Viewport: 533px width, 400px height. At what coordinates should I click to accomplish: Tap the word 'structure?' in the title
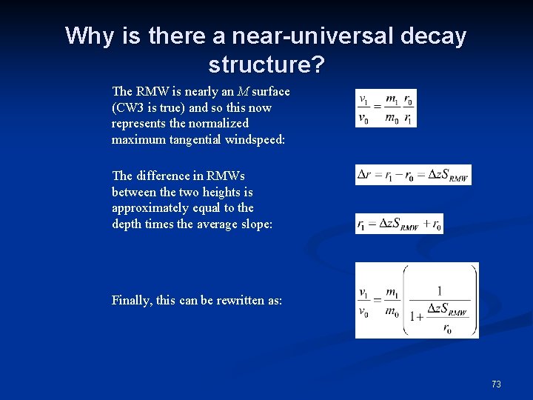pos(266,64)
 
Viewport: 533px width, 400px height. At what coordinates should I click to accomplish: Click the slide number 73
pos(496,384)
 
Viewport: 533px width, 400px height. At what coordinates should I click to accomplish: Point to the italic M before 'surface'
pos(242,91)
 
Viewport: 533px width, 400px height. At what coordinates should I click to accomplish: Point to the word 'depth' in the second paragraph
pos(127,224)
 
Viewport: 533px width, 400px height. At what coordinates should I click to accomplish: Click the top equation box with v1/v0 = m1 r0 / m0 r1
pos(386,108)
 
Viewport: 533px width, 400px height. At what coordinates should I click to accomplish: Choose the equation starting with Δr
pos(413,175)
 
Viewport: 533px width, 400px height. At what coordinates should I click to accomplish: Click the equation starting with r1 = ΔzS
pos(399,223)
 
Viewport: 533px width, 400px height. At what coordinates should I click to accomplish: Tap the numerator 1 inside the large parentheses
pos(440,291)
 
